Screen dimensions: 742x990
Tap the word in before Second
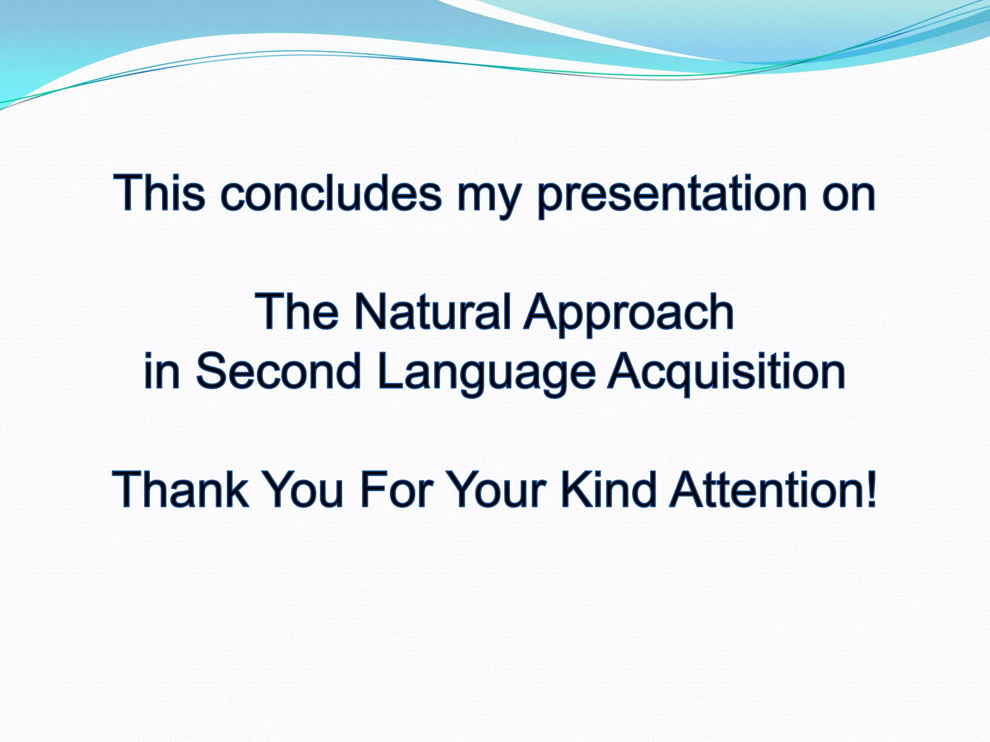[x=162, y=371]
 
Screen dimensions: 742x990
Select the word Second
[x=278, y=371]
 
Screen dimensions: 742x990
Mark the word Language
[x=485, y=373]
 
